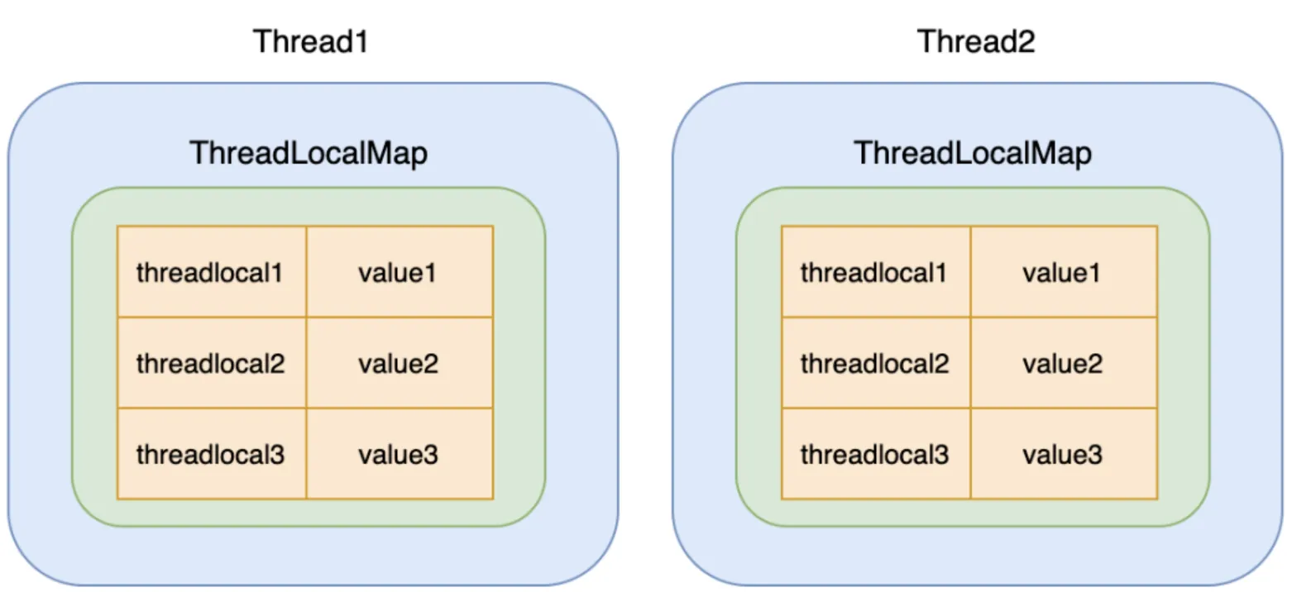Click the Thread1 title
pos(310,41)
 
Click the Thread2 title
pos(976,41)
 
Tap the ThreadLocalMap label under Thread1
pos(309,153)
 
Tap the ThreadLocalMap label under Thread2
pos(973,153)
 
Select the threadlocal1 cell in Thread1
pos(212,271)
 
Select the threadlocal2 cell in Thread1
pos(212,363)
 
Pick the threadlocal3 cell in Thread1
pos(212,454)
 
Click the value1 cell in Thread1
pos(400,271)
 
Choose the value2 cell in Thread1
pos(400,363)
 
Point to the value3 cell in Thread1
pos(400,454)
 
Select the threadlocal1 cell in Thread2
pos(876,271)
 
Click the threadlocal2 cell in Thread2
pos(876,363)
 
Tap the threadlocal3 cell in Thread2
pos(876,454)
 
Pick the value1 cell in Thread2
pos(1065,271)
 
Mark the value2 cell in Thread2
pos(1065,363)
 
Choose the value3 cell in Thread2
pos(1065,454)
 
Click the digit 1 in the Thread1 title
pos(361,42)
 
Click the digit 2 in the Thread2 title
pos(1026,42)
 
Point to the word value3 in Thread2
pos(1062,455)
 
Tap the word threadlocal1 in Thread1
pos(209,273)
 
